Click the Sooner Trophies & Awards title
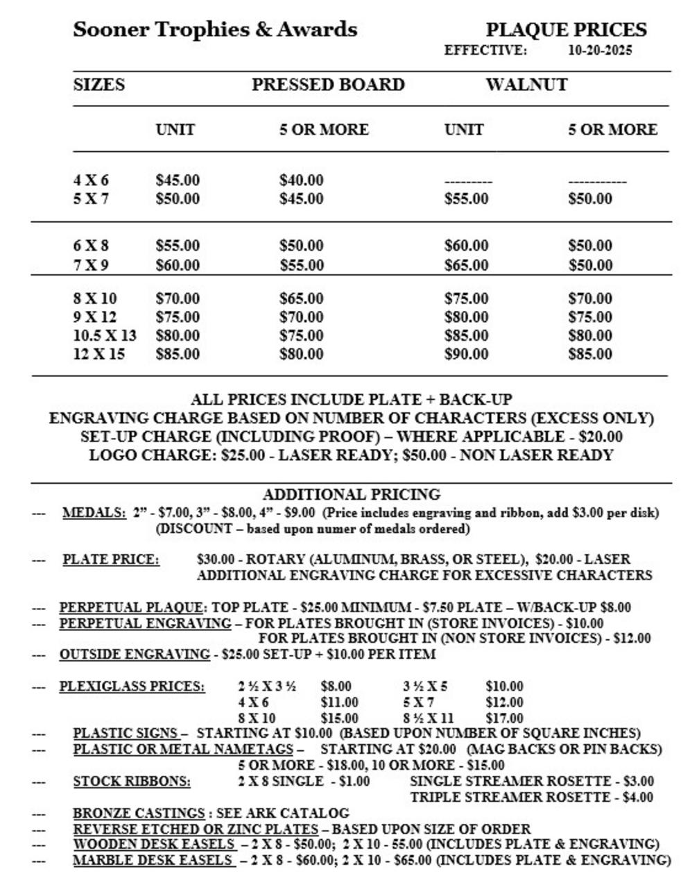click(x=215, y=30)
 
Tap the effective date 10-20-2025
click(x=600, y=51)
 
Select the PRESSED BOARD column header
click(x=328, y=85)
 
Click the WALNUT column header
click(x=526, y=85)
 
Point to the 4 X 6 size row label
click(x=91, y=180)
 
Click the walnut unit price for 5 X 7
click(x=466, y=199)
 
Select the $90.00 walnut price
click(x=466, y=354)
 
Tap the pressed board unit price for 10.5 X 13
click(x=178, y=336)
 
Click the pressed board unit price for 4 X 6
click(x=178, y=180)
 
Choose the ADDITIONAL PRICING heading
click(x=352, y=494)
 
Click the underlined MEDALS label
click(x=94, y=513)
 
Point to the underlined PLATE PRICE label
click(x=111, y=559)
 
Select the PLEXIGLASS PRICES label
click(x=132, y=686)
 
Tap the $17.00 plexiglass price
click(x=504, y=718)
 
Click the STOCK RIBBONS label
click(x=132, y=782)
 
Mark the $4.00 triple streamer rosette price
click(x=637, y=797)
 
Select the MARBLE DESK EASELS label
click(x=154, y=860)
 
